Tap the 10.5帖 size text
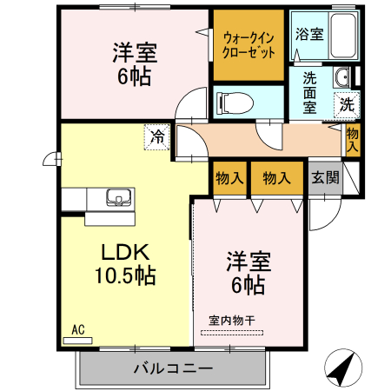coord(126,276)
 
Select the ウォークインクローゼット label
coord(249,44)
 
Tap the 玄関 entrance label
coord(325,178)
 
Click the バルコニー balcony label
coord(173,368)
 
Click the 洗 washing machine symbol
coord(347,104)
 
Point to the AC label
coord(76,329)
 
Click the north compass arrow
coord(342,368)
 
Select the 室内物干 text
coord(234,319)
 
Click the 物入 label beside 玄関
coord(276,178)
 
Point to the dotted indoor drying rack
coord(235,333)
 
